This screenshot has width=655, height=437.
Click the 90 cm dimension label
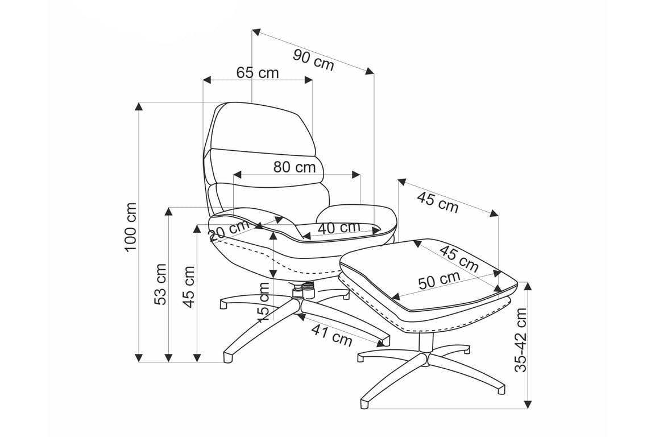313,60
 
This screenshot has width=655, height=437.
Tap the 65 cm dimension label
258,73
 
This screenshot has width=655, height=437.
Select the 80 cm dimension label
295,167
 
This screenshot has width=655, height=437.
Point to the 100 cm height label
131,226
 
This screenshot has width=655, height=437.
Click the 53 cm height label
160,284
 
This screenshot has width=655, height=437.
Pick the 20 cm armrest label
229,230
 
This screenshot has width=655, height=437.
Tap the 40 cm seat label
339,228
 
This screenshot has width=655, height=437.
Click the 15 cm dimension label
264,302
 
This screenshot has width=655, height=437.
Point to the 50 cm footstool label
440,280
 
